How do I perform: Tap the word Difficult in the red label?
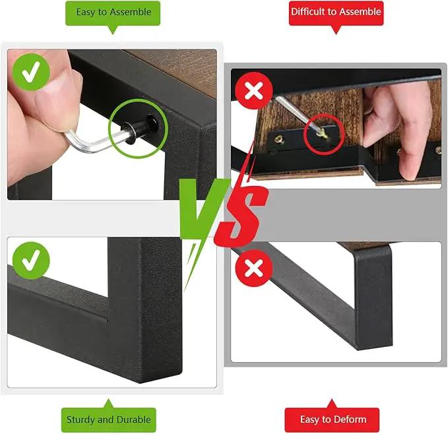pyautogui.click(x=308, y=12)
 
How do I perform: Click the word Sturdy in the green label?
pyautogui.click(x=81, y=419)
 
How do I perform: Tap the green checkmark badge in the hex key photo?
pyautogui.click(x=31, y=73)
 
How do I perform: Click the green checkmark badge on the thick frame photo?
pyautogui.click(x=31, y=261)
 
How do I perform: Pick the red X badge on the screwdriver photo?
pyautogui.click(x=254, y=90)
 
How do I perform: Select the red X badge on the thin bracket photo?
pyautogui.click(x=254, y=268)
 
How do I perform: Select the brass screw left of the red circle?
pyautogui.click(x=278, y=140)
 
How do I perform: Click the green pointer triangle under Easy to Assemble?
pyautogui.click(x=113, y=30)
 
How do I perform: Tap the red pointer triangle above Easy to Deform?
pyautogui.click(x=331, y=404)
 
